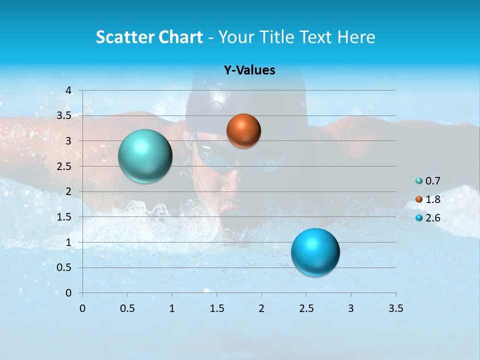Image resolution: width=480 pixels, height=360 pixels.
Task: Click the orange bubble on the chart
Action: point(243,131)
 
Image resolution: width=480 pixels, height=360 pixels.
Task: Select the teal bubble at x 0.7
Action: point(145,156)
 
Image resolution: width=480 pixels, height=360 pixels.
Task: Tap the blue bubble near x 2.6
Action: point(315,252)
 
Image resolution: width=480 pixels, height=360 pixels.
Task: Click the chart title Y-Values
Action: point(249,70)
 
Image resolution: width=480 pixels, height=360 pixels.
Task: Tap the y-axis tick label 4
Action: point(68,90)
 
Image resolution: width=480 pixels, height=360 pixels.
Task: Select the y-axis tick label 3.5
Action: point(64,115)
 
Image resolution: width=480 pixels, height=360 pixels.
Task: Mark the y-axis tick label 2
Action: point(68,191)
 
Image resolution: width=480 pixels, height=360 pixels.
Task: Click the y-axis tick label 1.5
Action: point(64,217)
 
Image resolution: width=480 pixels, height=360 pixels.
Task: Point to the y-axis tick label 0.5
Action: point(64,267)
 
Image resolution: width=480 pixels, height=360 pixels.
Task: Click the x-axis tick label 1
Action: point(172,308)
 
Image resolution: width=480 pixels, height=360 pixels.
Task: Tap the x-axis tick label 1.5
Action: point(216,308)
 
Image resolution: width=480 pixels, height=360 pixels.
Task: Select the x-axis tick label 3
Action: point(351,308)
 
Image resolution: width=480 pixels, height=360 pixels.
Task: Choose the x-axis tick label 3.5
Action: point(395,308)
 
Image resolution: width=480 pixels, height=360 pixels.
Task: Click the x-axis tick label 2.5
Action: point(306,308)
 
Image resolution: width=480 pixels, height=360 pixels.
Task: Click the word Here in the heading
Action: point(356,37)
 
